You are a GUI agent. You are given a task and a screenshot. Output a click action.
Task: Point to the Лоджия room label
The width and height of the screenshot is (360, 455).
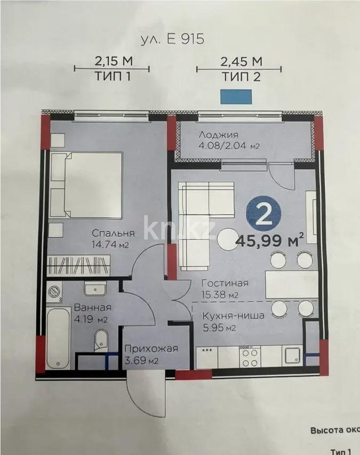coord(218,135)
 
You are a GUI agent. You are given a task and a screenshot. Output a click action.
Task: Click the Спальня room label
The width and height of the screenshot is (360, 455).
coord(113,233)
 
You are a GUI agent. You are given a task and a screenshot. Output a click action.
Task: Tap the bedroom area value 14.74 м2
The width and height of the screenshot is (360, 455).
coord(111,245)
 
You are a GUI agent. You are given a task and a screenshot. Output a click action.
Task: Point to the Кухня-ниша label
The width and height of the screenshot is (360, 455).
coord(233,315)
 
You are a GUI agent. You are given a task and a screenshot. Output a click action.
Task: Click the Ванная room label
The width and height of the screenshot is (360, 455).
coord(92,308)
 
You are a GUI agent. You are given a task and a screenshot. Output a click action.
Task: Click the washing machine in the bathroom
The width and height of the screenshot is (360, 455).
coord(55,291)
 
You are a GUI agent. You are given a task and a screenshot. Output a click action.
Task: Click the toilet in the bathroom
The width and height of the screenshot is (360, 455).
coord(100,340)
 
